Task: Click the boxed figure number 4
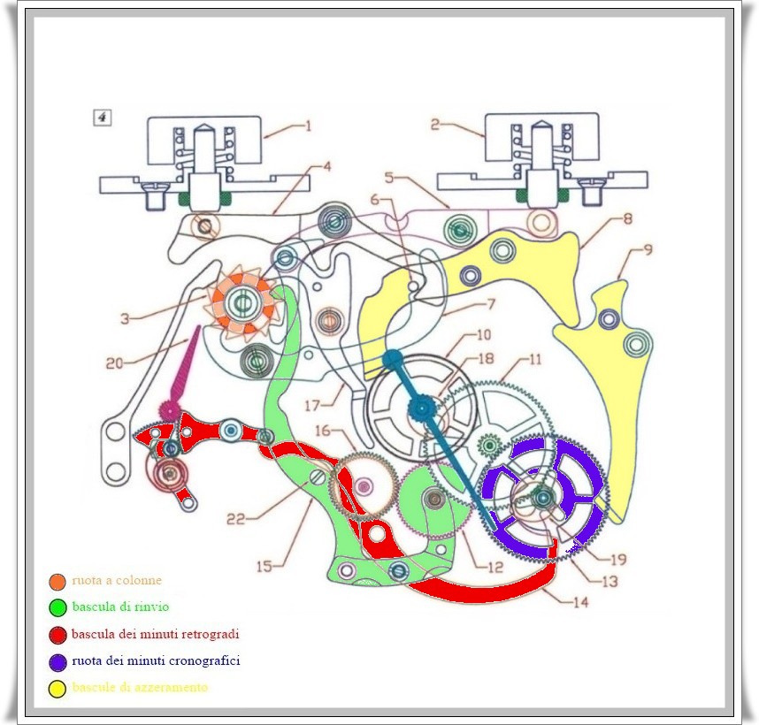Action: pos(103,118)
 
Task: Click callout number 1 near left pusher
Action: pos(308,126)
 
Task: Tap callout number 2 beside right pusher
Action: pos(435,126)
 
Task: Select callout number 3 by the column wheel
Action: pos(126,318)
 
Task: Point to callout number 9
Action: pos(648,250)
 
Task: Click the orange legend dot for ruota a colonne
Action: pos(57,581)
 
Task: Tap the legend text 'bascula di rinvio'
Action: pos(120,607)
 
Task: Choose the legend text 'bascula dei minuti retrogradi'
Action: pos(156,634)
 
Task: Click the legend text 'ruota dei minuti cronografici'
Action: pos(156,660)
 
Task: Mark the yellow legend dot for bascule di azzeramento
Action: pos(57,687)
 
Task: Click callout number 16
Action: pos(324,430)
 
